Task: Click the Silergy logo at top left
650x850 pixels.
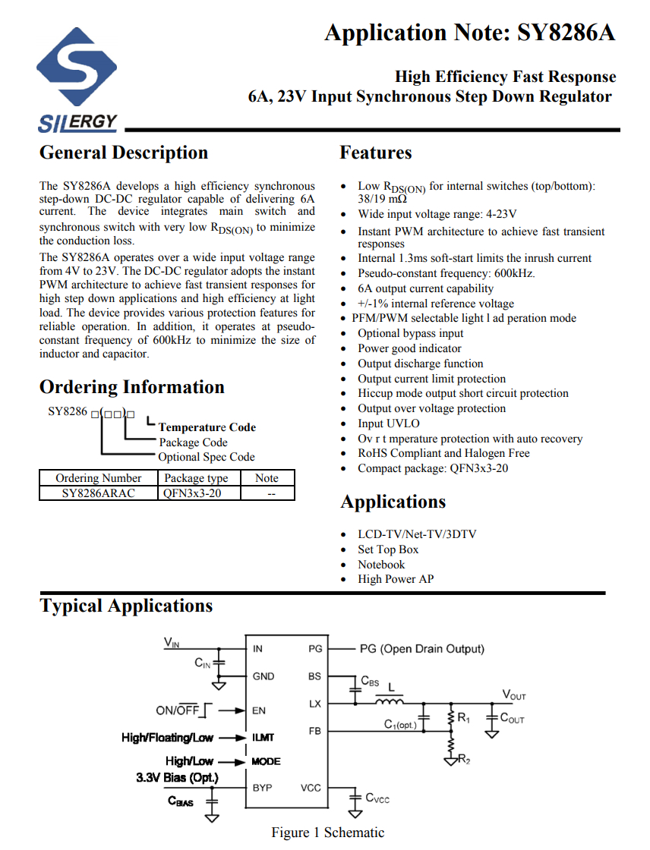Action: pos(77,79)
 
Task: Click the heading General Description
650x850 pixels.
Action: pos(123,153)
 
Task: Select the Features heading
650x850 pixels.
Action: pos(375,153)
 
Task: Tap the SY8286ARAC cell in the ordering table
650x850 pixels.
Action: pos(98,493)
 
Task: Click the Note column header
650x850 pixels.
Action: pos(267,478)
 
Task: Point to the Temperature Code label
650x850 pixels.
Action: pos(207,427)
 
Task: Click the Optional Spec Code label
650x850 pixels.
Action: pos(206,457)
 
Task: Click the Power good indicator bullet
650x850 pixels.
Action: pos(409,348)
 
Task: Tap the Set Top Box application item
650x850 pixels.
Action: pos(388,549)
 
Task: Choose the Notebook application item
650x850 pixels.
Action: pos(381,565)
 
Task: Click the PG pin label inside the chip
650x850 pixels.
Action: pos(315,649)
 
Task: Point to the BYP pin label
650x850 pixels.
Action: pos(262,788)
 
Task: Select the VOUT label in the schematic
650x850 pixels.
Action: pos(514,694)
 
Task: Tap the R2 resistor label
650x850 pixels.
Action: pos(464,760)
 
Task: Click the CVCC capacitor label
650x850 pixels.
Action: pos(377,798)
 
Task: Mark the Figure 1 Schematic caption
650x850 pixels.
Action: pos(327,833)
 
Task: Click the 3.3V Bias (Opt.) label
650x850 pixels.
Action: pos(177,778)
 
